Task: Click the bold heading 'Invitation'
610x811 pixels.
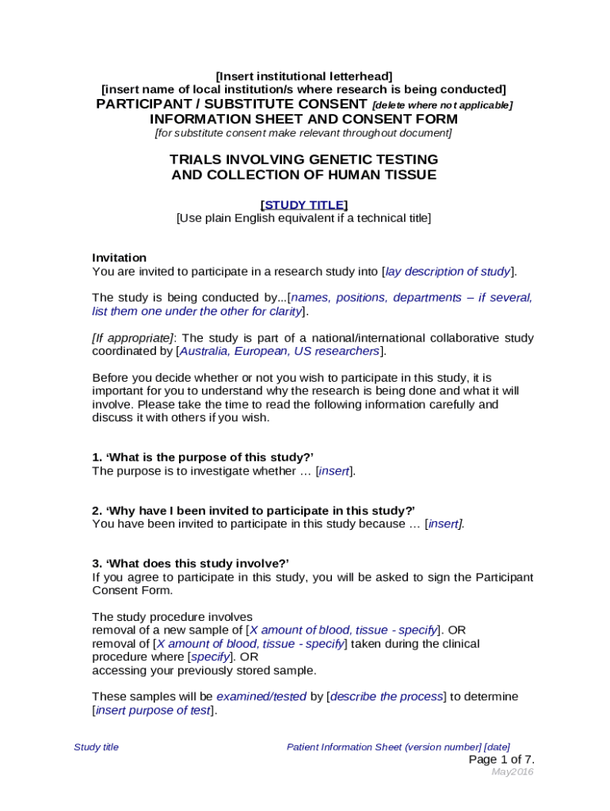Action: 120,257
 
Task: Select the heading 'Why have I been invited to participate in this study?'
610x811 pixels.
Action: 254,510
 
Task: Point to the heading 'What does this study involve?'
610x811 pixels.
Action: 190,563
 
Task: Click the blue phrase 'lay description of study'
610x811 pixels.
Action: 448,272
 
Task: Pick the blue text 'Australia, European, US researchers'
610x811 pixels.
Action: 280,351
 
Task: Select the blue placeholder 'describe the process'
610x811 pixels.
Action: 387,696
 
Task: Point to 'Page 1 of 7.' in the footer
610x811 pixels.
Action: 501,760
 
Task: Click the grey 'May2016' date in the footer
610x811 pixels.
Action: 513,772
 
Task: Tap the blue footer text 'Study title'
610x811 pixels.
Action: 96,747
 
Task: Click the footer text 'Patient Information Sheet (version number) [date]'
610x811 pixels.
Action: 398,747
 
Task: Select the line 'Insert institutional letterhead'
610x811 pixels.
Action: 304,76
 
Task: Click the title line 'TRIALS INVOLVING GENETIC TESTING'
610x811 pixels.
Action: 303,159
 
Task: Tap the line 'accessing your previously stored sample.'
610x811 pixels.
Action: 204,670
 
